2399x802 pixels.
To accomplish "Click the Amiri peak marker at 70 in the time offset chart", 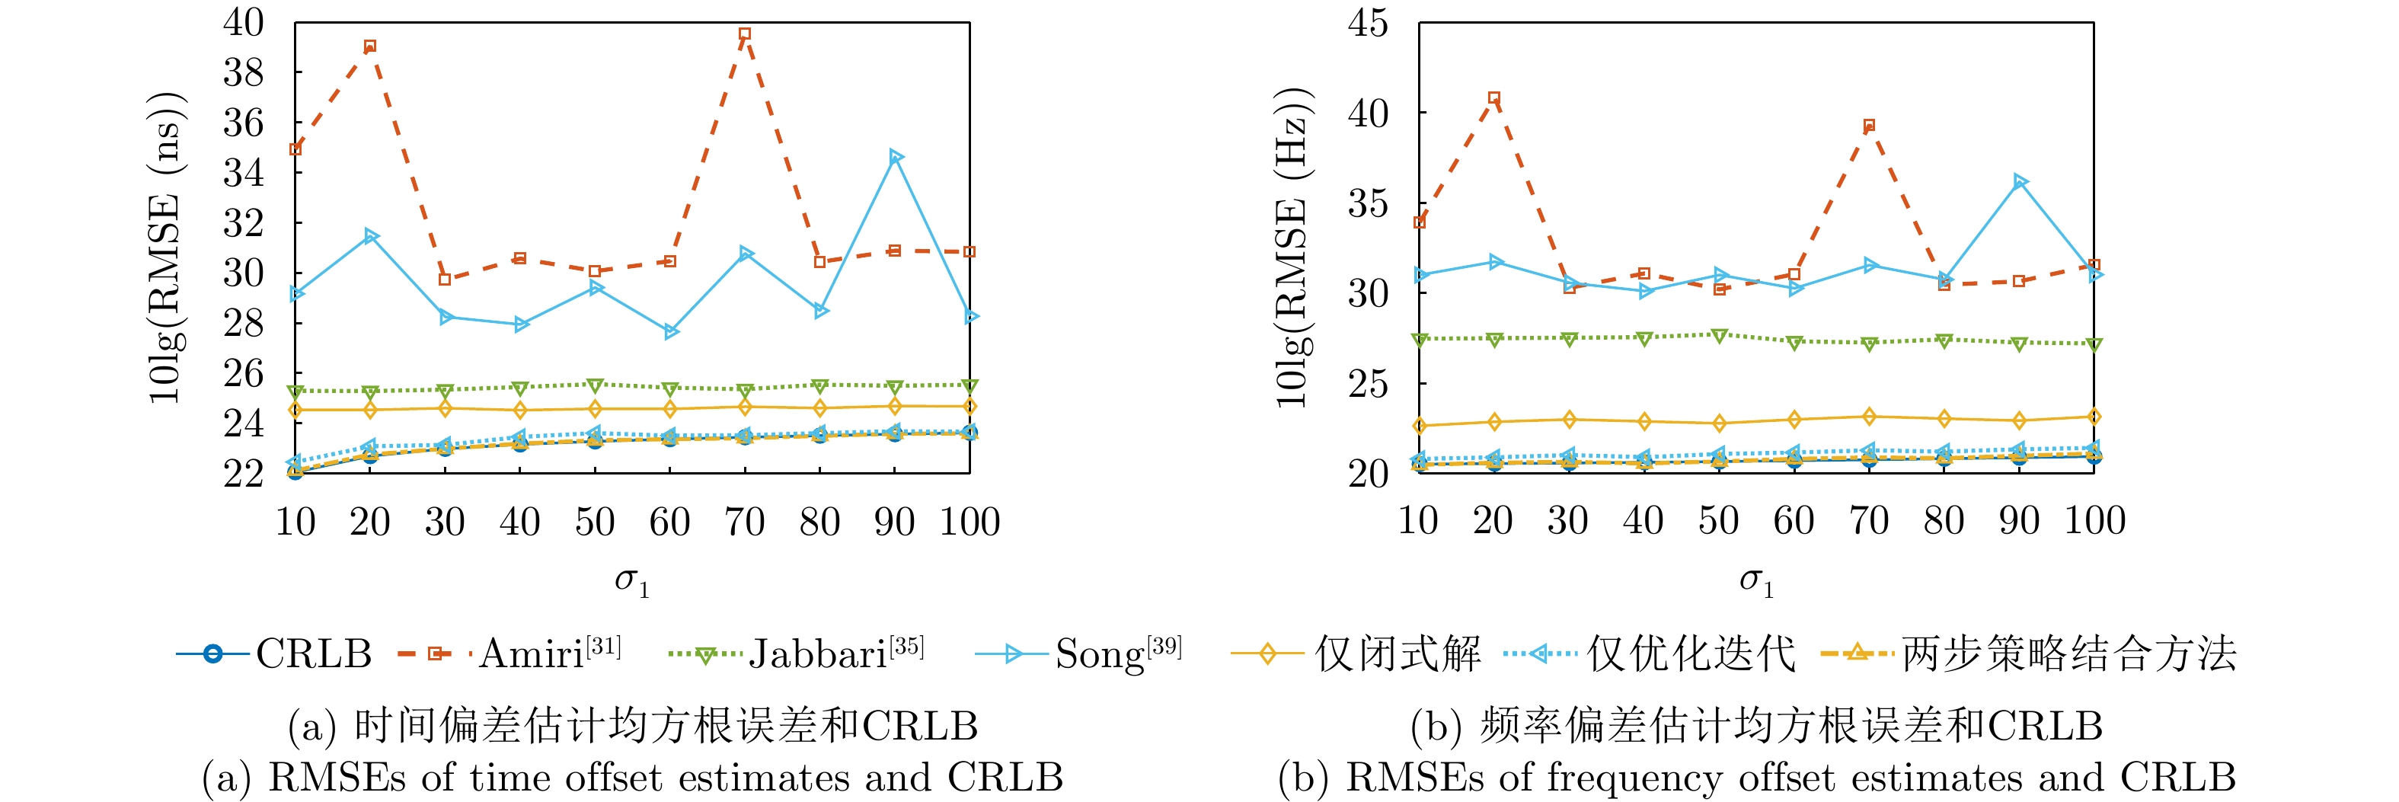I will point(745,34).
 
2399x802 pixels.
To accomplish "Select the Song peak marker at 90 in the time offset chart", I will point(896,156).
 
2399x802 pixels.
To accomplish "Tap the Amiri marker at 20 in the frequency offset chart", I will point(1493,97).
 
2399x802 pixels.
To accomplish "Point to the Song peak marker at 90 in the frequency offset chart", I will point(2020,181).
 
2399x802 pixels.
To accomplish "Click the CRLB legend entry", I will point(275,654).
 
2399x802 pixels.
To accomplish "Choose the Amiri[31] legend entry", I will point(510,654).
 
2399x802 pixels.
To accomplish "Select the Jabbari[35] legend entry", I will point(797,654).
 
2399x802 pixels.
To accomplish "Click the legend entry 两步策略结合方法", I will point(2030,654).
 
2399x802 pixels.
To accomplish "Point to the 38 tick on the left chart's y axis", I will point(243,72).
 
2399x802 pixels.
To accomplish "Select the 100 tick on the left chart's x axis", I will point(970,522).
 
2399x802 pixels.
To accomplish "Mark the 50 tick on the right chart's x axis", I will point(1718,521).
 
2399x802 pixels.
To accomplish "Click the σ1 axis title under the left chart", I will point(631,581).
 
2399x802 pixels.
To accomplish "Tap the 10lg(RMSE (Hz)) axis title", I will point(1292,247).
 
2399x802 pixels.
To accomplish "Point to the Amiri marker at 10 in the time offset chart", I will point(295,149).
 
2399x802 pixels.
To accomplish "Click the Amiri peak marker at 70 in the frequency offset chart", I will point(1869,126).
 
